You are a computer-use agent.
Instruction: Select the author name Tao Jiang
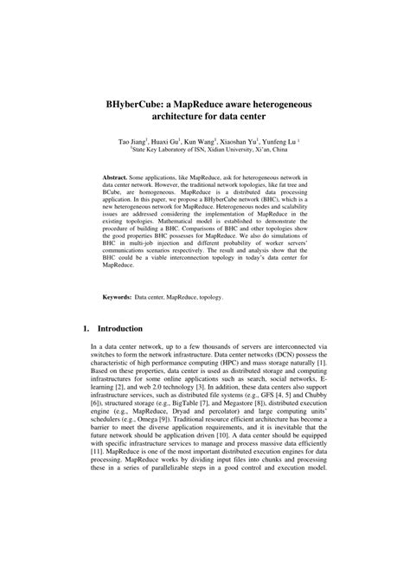tap(131, 139)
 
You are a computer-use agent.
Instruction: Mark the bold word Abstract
tap(116, 177)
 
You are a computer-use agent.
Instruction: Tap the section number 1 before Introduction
tap(85, 329)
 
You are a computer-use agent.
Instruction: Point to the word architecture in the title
tap(175, 116)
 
